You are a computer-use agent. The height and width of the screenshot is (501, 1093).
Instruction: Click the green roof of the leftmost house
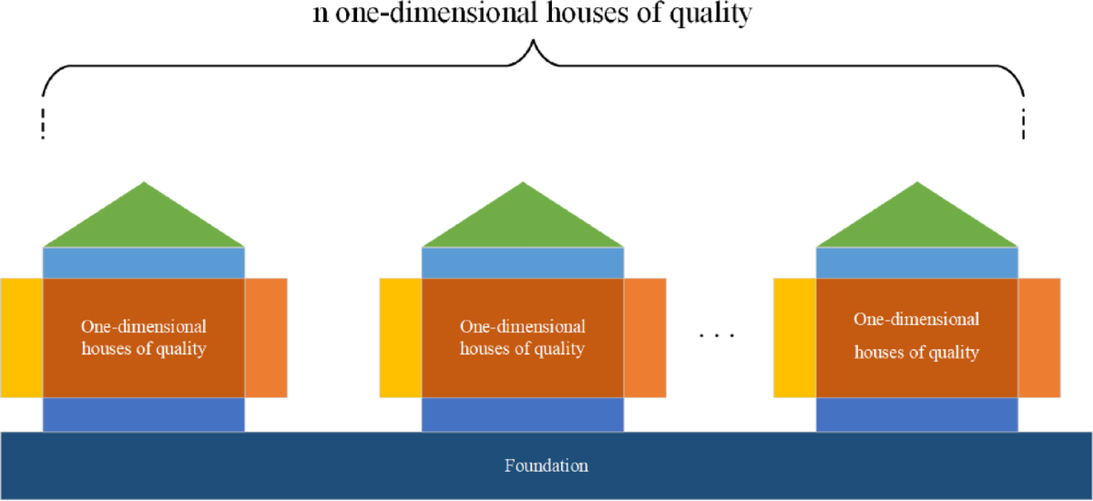click(144, 223)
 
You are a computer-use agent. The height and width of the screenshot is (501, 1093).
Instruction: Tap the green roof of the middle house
click(523, 223)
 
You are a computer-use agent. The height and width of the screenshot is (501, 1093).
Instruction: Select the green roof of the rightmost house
click(917, 223)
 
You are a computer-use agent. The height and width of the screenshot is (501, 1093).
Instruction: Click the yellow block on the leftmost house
click(21, 337)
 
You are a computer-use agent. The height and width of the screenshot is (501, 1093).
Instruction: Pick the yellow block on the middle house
click(400, 337)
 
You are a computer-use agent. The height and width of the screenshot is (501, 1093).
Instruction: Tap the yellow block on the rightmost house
click(794, 337)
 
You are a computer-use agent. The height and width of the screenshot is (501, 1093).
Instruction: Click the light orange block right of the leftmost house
click(266, 337)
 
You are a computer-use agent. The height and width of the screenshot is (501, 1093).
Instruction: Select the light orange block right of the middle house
click(645, 337)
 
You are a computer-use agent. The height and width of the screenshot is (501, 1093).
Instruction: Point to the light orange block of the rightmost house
click(1039, 337)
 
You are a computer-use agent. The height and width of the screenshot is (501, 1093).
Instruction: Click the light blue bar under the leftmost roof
click(144, 262)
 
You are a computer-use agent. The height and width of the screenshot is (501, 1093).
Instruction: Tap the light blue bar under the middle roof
click(523, 262)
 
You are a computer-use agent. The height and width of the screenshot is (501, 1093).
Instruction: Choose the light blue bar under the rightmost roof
click(917, 262)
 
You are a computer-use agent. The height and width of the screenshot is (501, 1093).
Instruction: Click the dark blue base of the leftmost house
click(144, 414)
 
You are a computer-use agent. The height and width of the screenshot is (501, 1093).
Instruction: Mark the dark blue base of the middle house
click(523, 414)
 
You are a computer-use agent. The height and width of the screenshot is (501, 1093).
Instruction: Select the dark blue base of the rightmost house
click(917, 414)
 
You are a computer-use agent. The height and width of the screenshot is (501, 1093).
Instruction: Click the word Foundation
click(546, 465)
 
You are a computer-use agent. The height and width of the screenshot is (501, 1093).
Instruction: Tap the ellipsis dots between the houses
click(716, 336)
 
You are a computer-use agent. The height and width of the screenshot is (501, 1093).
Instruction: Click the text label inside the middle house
click(523, 337)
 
